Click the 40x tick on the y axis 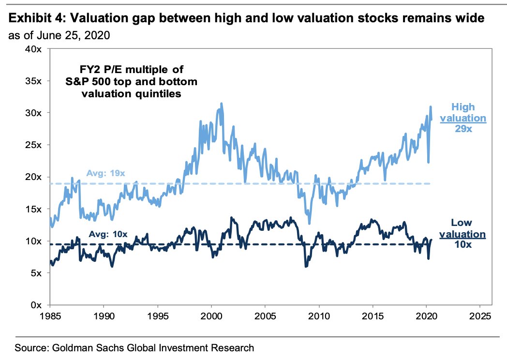(x=36, y=49)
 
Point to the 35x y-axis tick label (x=36, y=81)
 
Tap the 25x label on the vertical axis (x=36, y=145)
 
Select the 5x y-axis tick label (x=38, y=273)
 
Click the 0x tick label (x=38, y=305)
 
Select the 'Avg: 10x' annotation (x=107, y=234)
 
